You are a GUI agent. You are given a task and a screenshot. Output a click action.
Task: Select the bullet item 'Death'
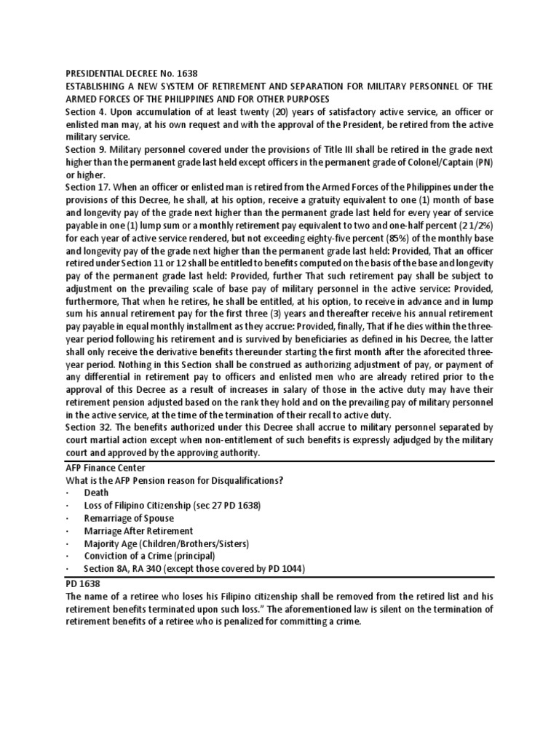pos(98,493)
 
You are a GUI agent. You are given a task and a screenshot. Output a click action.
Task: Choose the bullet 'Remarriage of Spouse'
pos(129,519)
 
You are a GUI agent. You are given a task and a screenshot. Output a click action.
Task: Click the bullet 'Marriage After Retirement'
pos(138,531)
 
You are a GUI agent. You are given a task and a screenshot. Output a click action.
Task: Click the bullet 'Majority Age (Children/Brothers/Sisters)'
pos(167,544)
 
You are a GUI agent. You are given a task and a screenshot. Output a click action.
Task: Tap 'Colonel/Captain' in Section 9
pos(429,162)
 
